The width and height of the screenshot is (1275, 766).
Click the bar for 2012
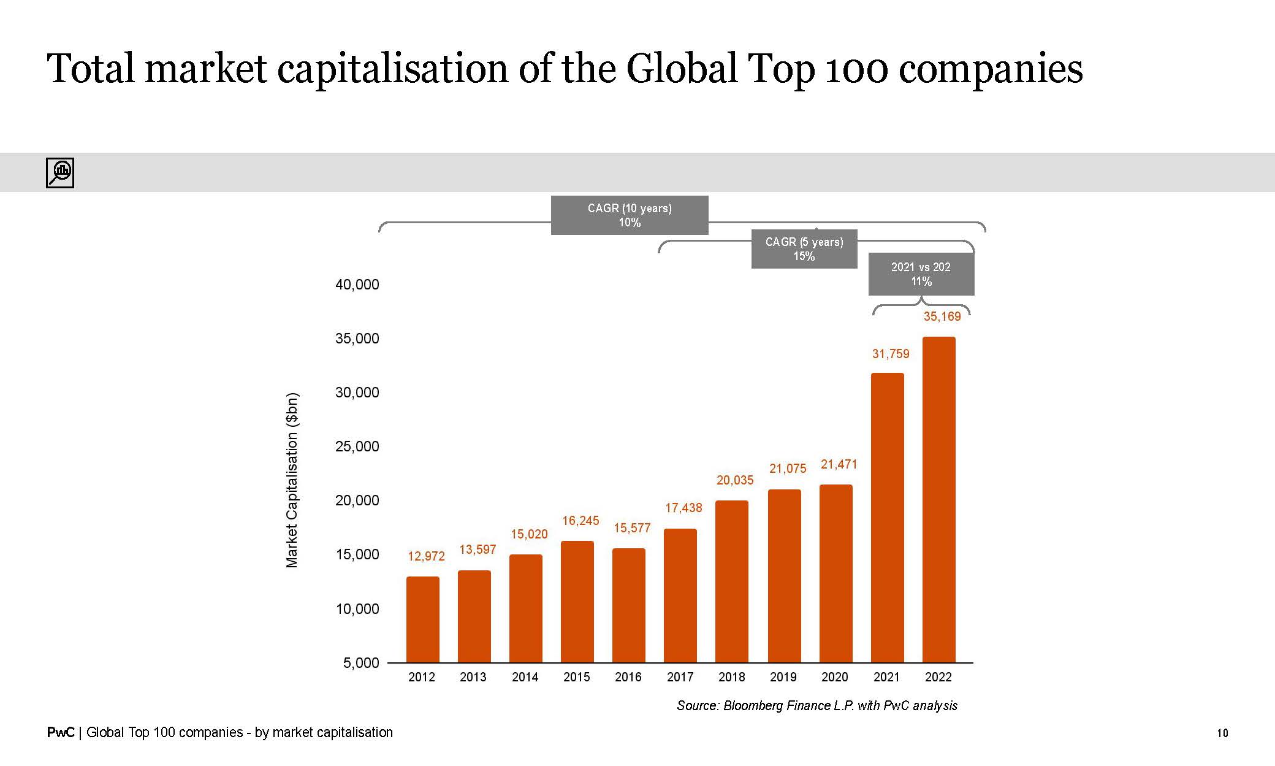click(423, 619)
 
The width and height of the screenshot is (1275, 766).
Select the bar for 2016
click(629, 605)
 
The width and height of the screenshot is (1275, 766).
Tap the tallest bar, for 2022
click(938, 500)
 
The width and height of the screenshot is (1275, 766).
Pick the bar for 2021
click(887, 518)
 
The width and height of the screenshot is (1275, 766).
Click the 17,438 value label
click(683, 508)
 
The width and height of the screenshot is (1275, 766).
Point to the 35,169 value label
click(942, 316)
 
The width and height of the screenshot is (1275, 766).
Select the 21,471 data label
click(839, 464)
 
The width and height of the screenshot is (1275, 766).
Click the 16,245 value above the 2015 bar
click(580, 521)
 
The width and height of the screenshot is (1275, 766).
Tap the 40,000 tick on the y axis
click(357, 285)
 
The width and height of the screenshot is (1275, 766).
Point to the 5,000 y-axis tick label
click(361, 663)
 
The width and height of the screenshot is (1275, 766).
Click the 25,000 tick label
click(357, 446)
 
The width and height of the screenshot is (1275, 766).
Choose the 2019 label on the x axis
click(783, 677)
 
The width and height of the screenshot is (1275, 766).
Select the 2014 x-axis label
click(525, 677)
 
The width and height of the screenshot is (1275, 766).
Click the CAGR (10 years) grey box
click(630, 215)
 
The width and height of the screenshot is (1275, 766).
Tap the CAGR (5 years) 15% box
click(804, 249)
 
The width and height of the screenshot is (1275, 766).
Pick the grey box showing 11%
click(921, 274)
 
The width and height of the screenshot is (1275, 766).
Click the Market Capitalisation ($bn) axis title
click(292, 480)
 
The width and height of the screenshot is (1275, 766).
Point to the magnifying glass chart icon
click(60, 172)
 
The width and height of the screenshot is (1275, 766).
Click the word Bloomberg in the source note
click(752, 706)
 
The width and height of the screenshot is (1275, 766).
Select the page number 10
click(1222, 733)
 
